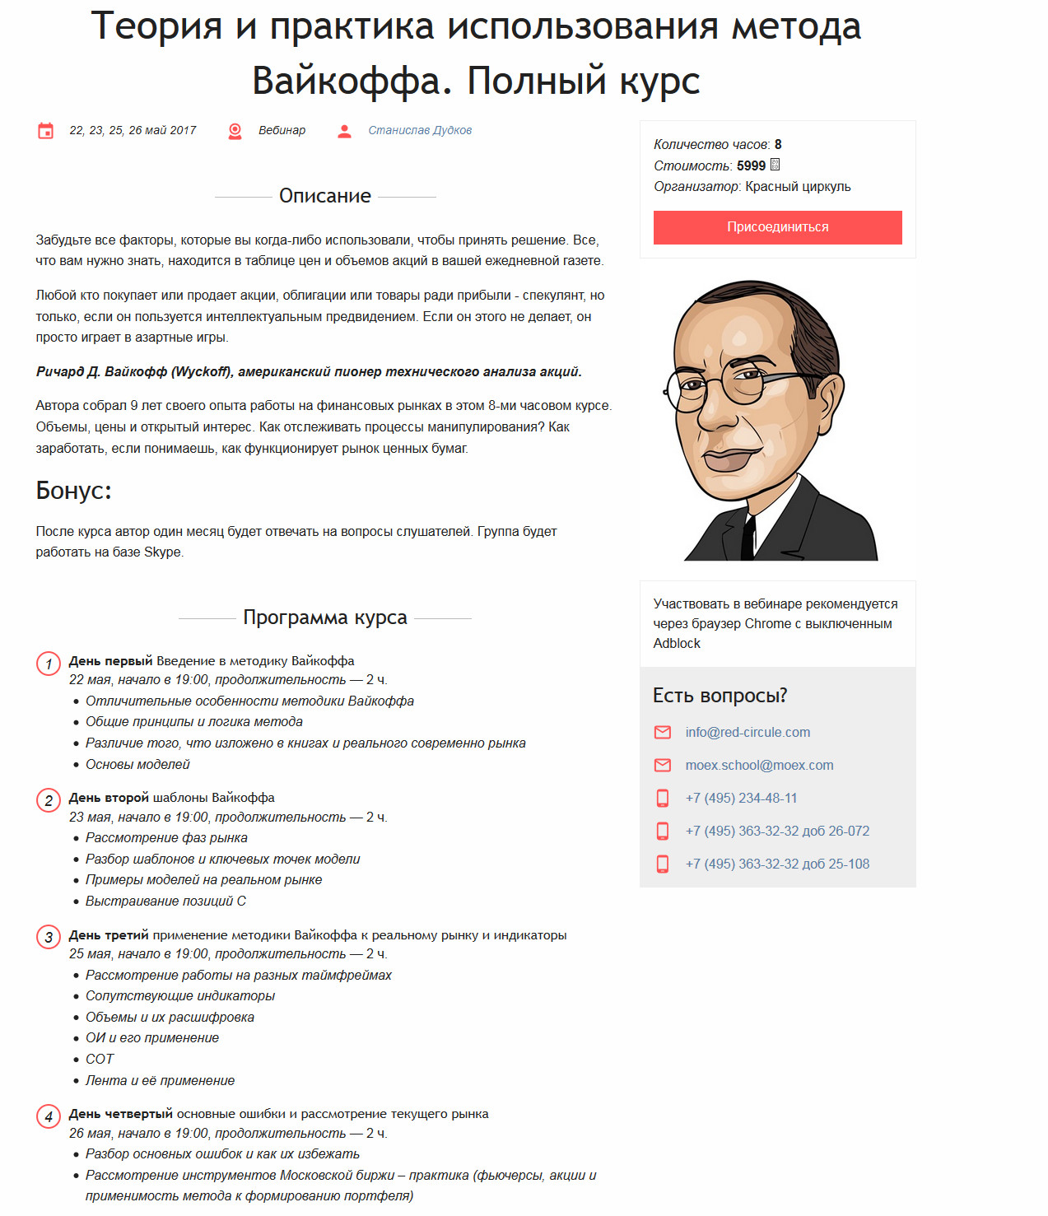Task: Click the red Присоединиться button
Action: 777,227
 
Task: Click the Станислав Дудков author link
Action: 420,130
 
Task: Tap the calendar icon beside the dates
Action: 45,131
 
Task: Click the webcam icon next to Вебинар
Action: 235,131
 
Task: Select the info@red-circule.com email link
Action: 748,732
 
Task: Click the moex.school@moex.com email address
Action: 759,765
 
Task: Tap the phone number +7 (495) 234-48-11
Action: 741,798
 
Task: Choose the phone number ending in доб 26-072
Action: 777,831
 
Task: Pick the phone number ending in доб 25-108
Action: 777,864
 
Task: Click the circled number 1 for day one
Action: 49,664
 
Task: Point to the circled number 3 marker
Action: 49,938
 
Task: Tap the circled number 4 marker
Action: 49,1116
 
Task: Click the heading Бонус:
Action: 73,491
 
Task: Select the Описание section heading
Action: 325,196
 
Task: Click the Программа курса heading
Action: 325,617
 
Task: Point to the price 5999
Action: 751,166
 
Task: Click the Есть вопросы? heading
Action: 720,696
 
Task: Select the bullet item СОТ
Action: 100,1059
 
